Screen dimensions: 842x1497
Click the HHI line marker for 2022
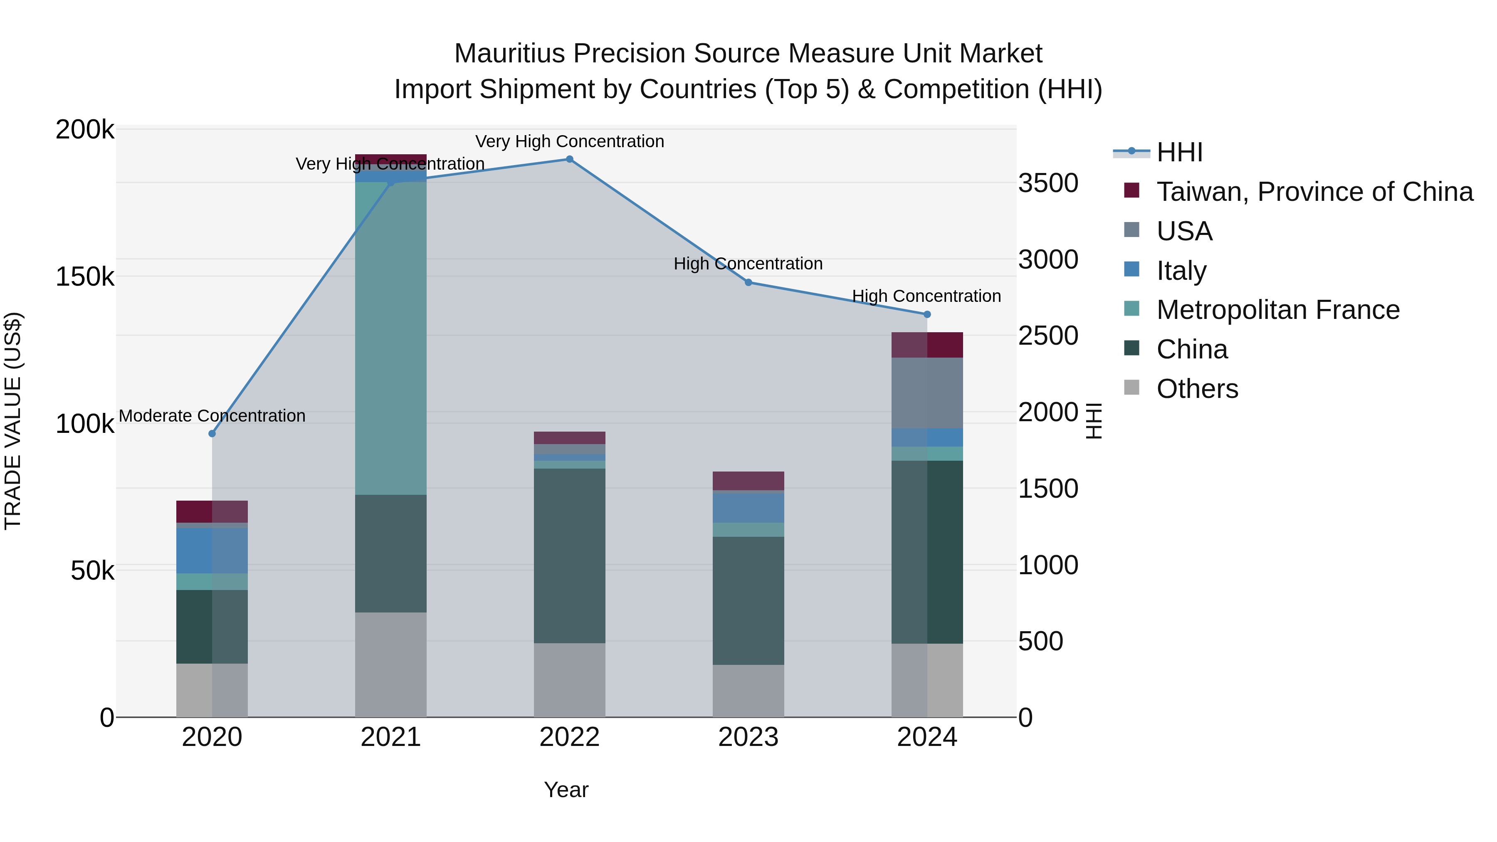[570, 159]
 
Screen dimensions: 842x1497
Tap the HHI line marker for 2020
[212, 434]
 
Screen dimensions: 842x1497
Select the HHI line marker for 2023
[748, 282]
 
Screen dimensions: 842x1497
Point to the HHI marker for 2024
[927, 314]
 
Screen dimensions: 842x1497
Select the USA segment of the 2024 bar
[927, 393]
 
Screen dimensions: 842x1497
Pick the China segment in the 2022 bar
[570, 556]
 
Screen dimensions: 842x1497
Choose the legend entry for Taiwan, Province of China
[1314, 192]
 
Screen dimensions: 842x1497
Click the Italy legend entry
[1181, 271]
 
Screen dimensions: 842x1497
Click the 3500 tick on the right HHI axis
[1048, 183]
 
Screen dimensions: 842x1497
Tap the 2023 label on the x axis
[748, 737]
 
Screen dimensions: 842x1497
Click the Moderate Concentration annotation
[212, 416]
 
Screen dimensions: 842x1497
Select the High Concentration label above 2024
[926, 296]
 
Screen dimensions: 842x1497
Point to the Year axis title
[566, 790]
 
